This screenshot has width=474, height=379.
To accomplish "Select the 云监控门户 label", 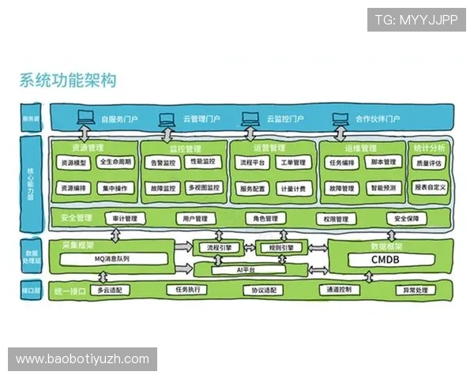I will (x=285, y=119).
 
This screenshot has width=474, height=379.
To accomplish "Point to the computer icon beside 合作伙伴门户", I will (x=340, y=119).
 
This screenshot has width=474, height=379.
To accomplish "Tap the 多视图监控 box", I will (x=204, y=189).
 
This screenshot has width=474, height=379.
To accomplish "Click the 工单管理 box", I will (x=292, y=163).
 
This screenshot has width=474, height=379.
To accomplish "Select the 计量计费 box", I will (x=292, y=189).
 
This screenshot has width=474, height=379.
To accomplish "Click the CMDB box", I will (x=385, y=258).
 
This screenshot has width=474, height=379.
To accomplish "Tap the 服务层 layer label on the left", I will (x=32, y=120).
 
